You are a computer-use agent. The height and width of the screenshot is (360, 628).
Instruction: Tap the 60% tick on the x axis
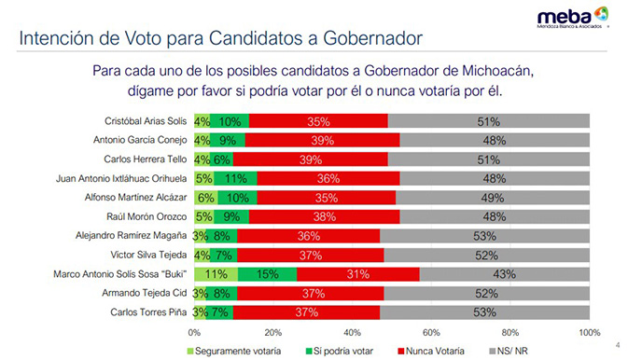[431, 331]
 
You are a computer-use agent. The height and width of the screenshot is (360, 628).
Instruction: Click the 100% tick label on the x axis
[588, 331]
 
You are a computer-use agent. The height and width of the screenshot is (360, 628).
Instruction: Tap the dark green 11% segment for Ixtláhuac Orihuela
[235, 178]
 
